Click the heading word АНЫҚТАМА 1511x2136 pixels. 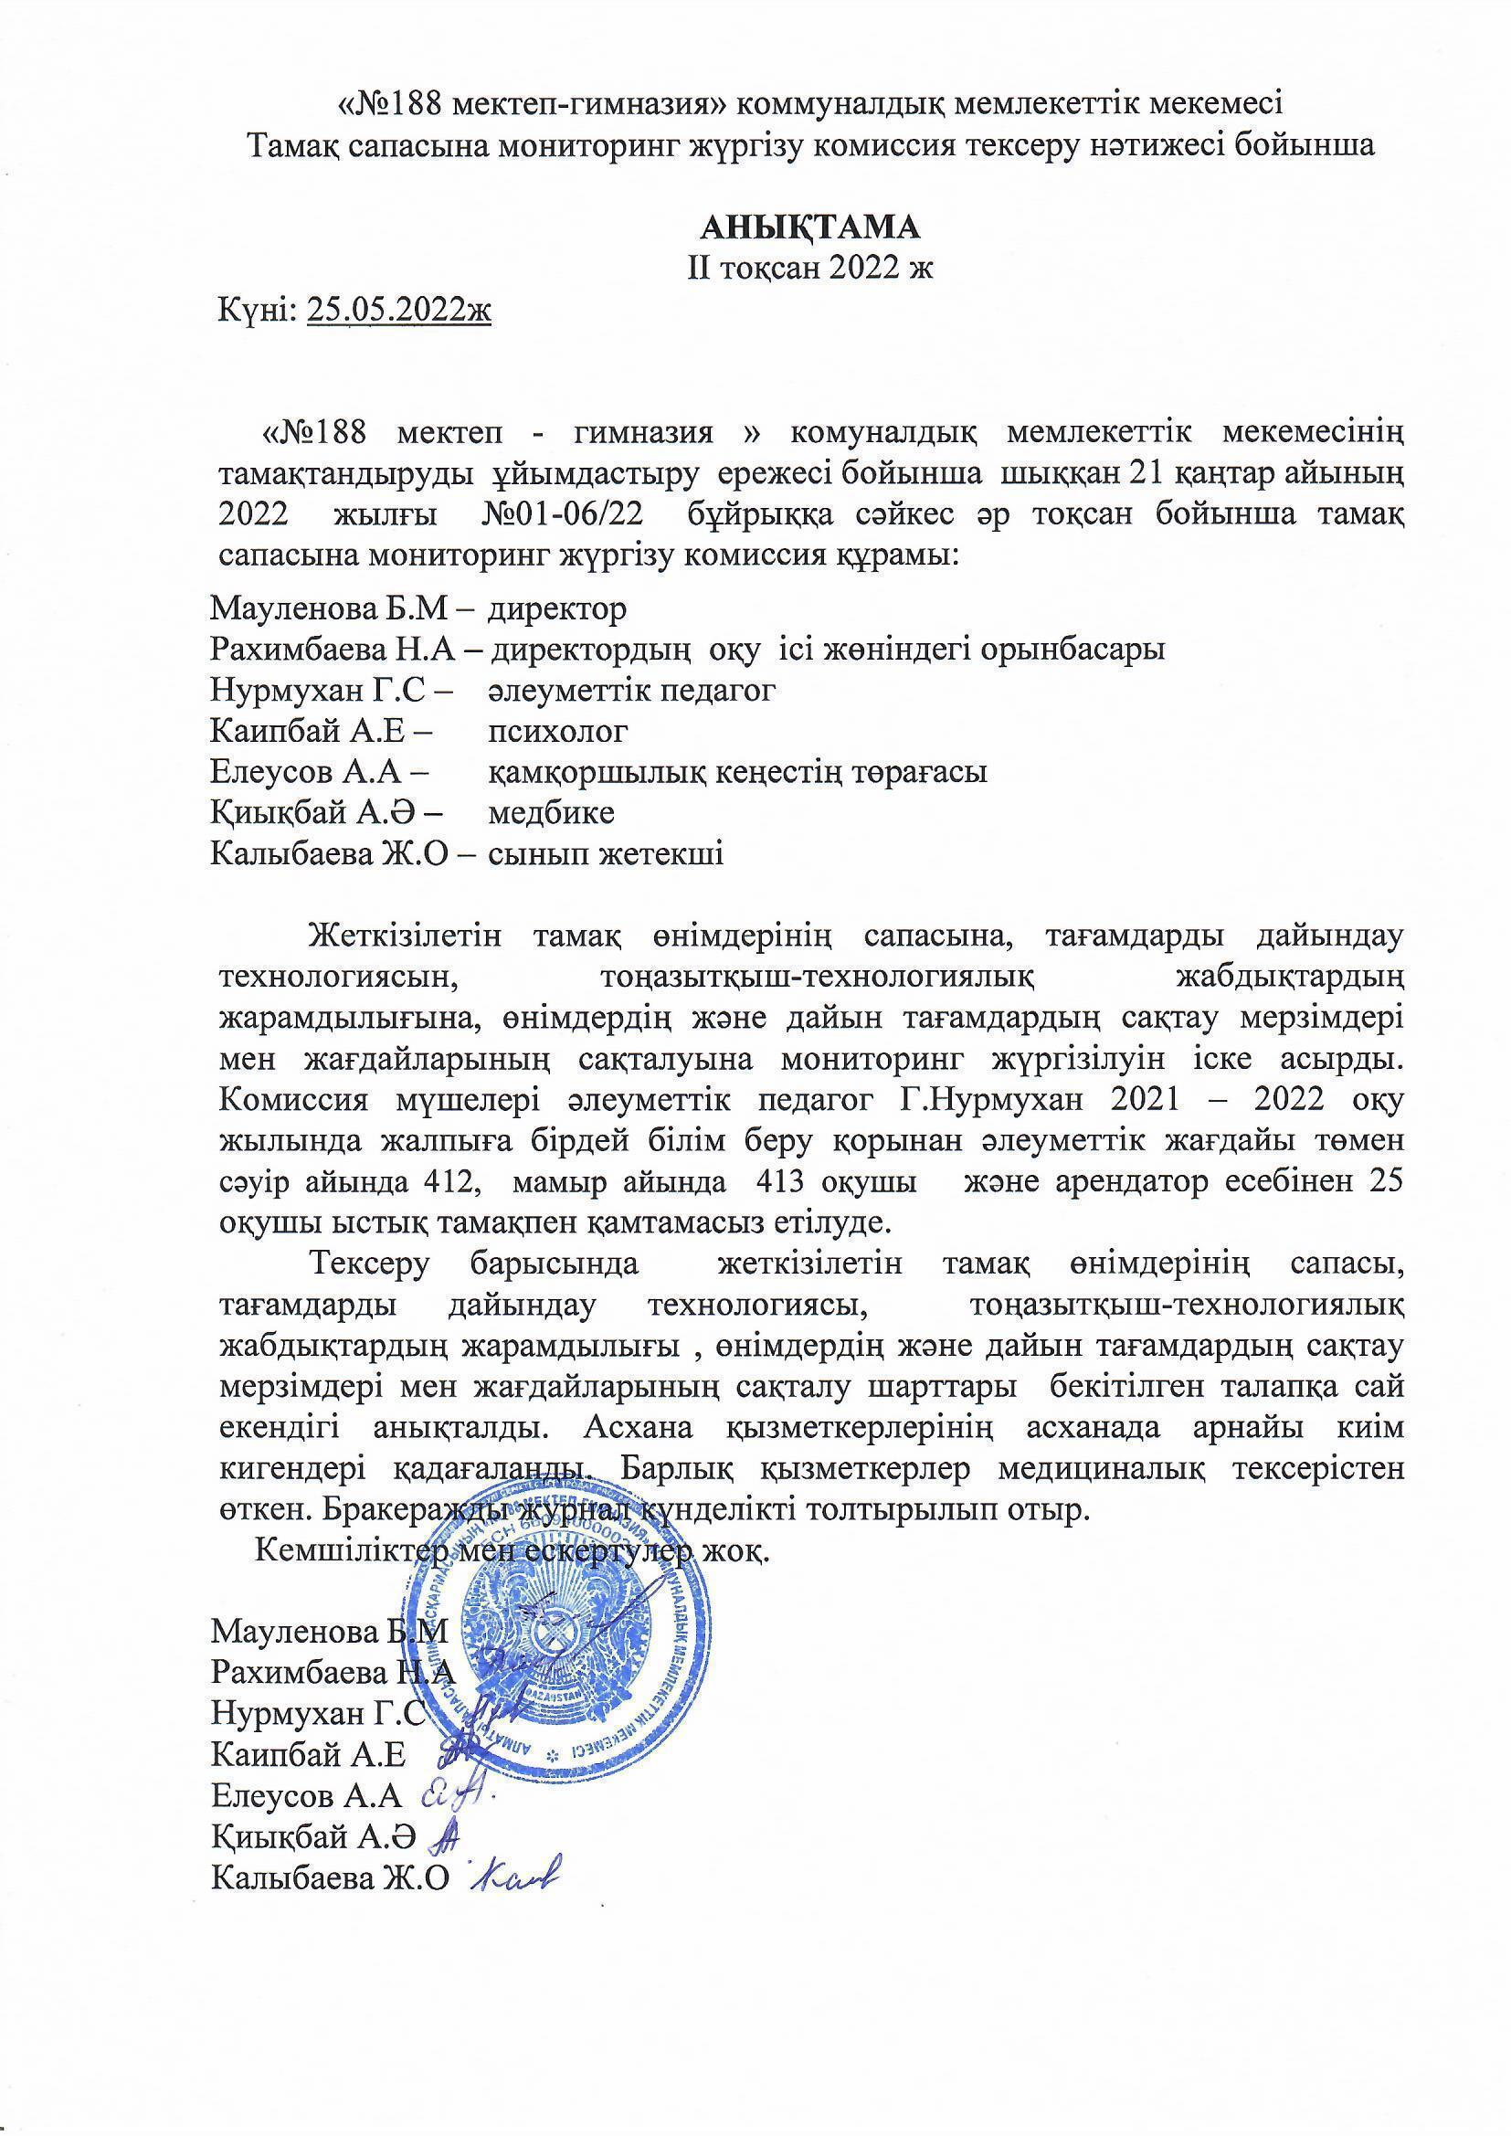tap(809, 227)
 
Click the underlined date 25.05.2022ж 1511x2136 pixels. tap(398, 310)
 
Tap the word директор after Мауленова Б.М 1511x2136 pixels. tap(557, 609)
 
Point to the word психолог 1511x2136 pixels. tap(557, 731)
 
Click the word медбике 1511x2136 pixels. tap(551, 813)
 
